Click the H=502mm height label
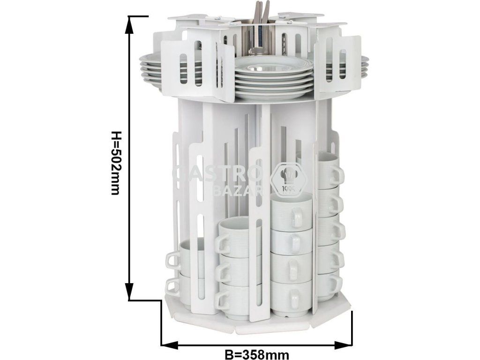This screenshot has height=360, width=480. pyautogui.click(x=115, y=163)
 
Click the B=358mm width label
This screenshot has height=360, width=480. pyautogui.click(x=257, y=354)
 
